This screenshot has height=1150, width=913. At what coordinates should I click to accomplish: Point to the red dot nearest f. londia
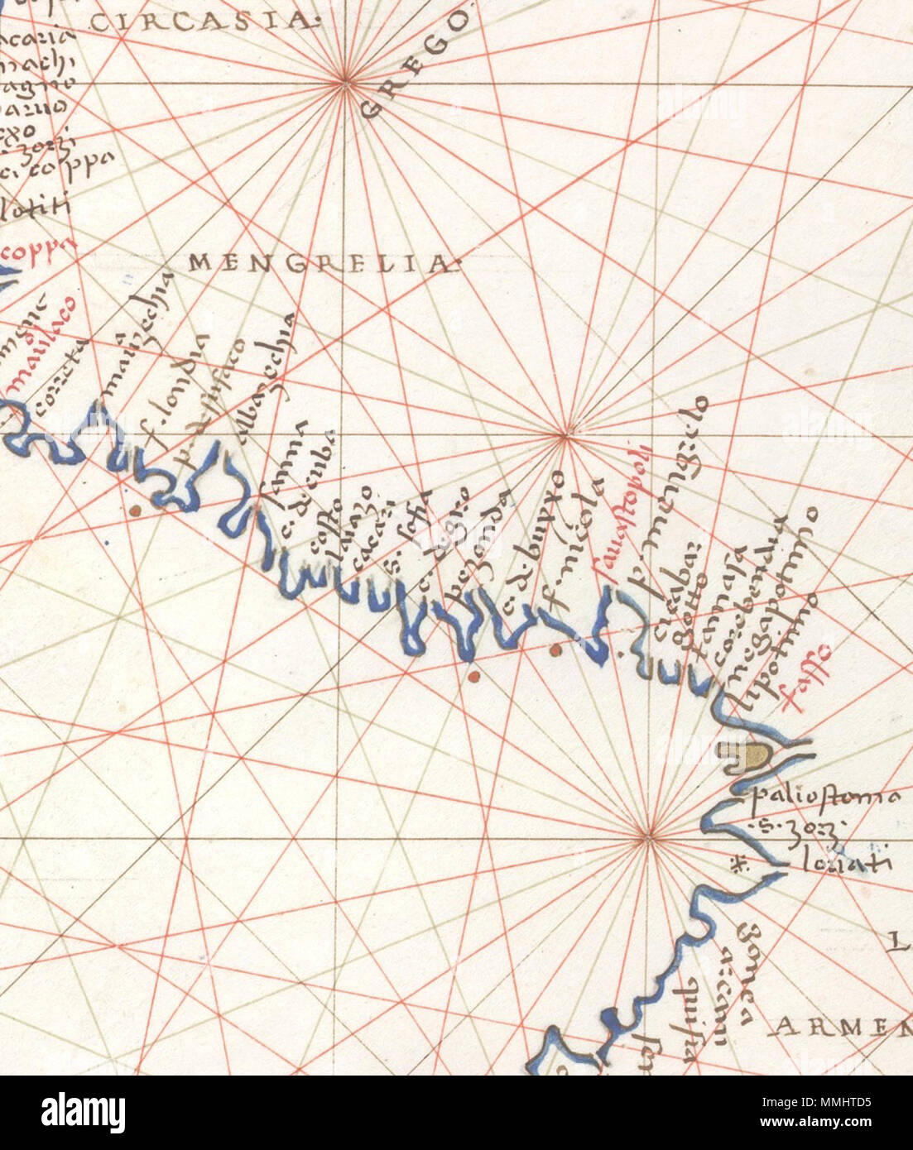132,510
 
